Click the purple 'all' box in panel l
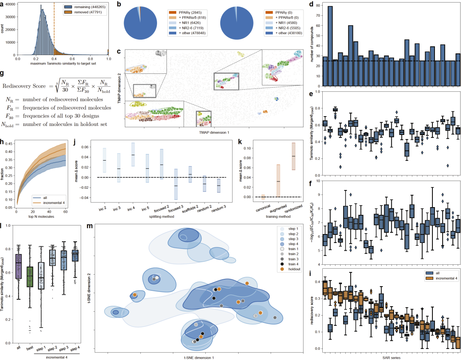click(18, 266)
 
